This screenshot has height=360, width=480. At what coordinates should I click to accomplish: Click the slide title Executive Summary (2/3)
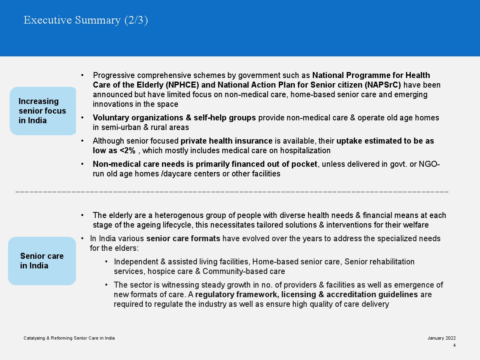tap(86, 20)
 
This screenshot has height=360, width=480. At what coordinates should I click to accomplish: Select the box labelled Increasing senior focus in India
tap(43, 111)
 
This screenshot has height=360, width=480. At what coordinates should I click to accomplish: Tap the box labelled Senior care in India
tap(42, 261)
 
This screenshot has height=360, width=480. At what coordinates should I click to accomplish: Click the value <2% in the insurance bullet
tap(127, 151)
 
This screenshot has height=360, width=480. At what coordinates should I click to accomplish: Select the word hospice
tap(160, 271)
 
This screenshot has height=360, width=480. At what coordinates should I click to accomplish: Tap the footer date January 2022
tap(441, 338)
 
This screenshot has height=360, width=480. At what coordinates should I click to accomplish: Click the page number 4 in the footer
tap(454, 345)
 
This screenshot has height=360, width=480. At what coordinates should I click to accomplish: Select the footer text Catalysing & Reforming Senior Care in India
tap(69, 338)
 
